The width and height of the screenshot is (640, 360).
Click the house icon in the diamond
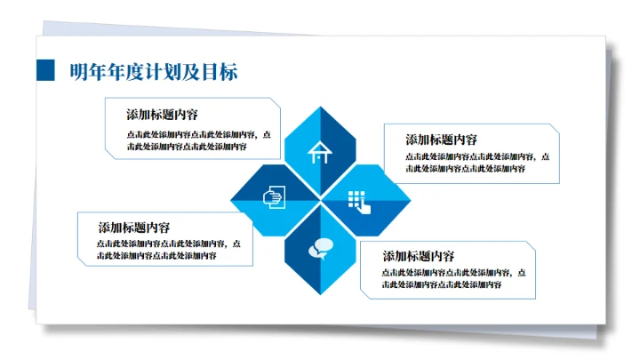coord(319,152)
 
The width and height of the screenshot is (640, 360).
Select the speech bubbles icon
coord(319,249)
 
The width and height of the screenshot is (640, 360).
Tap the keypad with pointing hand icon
coord(359,201)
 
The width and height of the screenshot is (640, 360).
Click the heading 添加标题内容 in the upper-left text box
coord(162,115)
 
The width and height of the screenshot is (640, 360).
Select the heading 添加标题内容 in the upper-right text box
coord(441,140)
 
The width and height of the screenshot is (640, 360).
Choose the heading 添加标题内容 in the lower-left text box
coord(134,228)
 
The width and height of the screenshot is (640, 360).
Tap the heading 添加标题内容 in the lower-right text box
coord(419,256)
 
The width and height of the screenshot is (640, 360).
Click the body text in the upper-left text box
coord(199,140)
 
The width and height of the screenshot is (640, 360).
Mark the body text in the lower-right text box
coord(453,278)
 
